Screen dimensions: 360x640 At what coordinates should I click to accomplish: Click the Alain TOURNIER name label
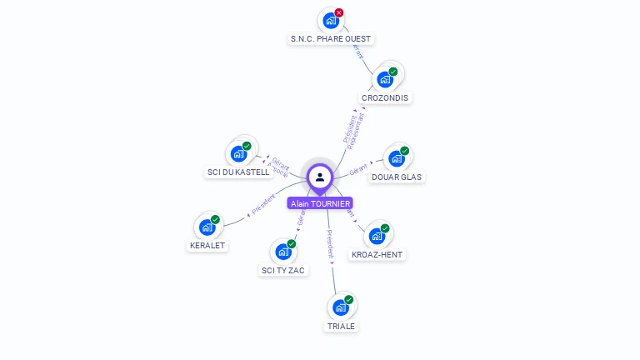(320, 203)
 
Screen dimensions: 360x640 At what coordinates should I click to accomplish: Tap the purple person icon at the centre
(320, 177)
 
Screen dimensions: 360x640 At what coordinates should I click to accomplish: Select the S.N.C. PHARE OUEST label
(331, 38)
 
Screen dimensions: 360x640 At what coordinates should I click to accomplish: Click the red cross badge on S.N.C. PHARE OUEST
(339, 12)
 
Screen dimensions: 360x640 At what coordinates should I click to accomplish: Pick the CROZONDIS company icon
(385, 79)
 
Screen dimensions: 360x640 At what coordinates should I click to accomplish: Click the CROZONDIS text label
(385, 97)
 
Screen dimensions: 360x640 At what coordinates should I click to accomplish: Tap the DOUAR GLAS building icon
(397, 158)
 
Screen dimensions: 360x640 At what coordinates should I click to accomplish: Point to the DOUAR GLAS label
(397, 177)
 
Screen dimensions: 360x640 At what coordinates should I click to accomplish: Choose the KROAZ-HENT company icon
(377, 236)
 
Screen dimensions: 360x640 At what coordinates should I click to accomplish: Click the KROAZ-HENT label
(377, 254)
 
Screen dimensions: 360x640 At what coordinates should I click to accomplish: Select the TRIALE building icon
(340, 307)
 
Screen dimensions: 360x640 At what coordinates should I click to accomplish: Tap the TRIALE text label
(341, 326)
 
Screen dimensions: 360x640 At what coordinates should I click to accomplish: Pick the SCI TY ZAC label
(283, 270)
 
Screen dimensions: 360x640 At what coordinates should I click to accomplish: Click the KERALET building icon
(207, 227)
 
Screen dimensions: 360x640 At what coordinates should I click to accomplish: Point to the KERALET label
(207, 245)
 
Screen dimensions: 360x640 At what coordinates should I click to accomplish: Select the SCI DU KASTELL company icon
(238, 153)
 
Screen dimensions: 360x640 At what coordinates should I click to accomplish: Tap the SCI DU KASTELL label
(238, 172)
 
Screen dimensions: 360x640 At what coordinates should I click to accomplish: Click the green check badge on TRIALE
(349, 299)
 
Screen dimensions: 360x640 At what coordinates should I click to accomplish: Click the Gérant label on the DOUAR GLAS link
(359, 169)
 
